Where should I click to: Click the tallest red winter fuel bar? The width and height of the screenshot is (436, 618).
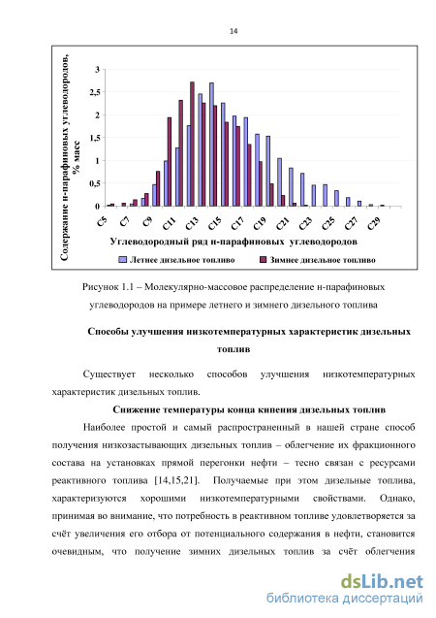point(192,144)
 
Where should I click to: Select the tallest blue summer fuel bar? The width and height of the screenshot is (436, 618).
point(211,145)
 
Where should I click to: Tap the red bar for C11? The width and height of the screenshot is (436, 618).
point(170,162)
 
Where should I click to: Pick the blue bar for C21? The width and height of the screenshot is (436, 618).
point(279,182)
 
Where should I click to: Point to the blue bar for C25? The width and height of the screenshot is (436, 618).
point(325,195)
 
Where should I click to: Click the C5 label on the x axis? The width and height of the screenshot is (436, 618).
point(102,221)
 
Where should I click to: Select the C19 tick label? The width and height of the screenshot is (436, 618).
point(260,223)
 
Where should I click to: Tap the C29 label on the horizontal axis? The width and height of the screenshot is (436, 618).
point(374,223)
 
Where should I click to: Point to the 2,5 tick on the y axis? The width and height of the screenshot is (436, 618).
point(95,92)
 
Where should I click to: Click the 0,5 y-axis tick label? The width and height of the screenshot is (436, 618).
point(95,183)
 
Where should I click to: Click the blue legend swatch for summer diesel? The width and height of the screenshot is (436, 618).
point(123,260)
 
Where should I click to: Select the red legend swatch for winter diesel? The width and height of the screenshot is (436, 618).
point(263,260)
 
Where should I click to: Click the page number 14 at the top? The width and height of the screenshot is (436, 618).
point(234,31)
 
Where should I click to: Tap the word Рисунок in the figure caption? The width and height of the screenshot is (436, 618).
point(101,287)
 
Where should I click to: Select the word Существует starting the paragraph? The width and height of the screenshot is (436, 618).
point(109,374)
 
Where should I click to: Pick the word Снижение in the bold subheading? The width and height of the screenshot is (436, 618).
point(133,409)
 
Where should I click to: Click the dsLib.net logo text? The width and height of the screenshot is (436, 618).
point(382,581)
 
